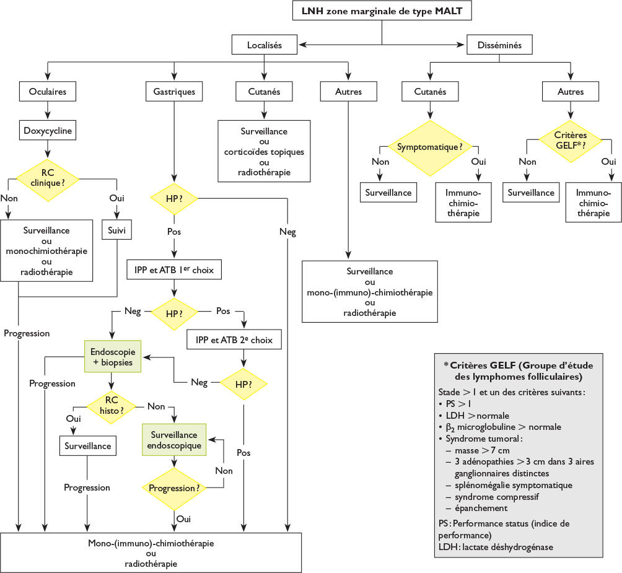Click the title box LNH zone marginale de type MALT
pos(382,11)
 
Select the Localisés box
pos(264,45)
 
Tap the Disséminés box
pos(499,45)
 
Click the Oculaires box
pos(48,91)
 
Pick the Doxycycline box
pos(48,130)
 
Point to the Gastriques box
pos(174,91)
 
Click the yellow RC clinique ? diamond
pos(48,180)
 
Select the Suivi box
pos(116,230)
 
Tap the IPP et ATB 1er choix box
pos(174,269)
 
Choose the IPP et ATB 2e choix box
pos(234,339)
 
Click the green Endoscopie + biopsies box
pos(113,356)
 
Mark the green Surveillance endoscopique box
pos(174,439)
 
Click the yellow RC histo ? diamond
pos(111,406)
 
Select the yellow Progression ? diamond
pos(174,489)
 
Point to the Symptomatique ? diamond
pos(430,147)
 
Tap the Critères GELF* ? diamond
pos(571,141)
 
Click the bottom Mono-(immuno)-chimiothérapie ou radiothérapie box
pos(151,553)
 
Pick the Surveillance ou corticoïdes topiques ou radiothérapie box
pos(264,151)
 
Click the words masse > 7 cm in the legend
pos(482,450)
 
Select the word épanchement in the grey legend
pos(481,509)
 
